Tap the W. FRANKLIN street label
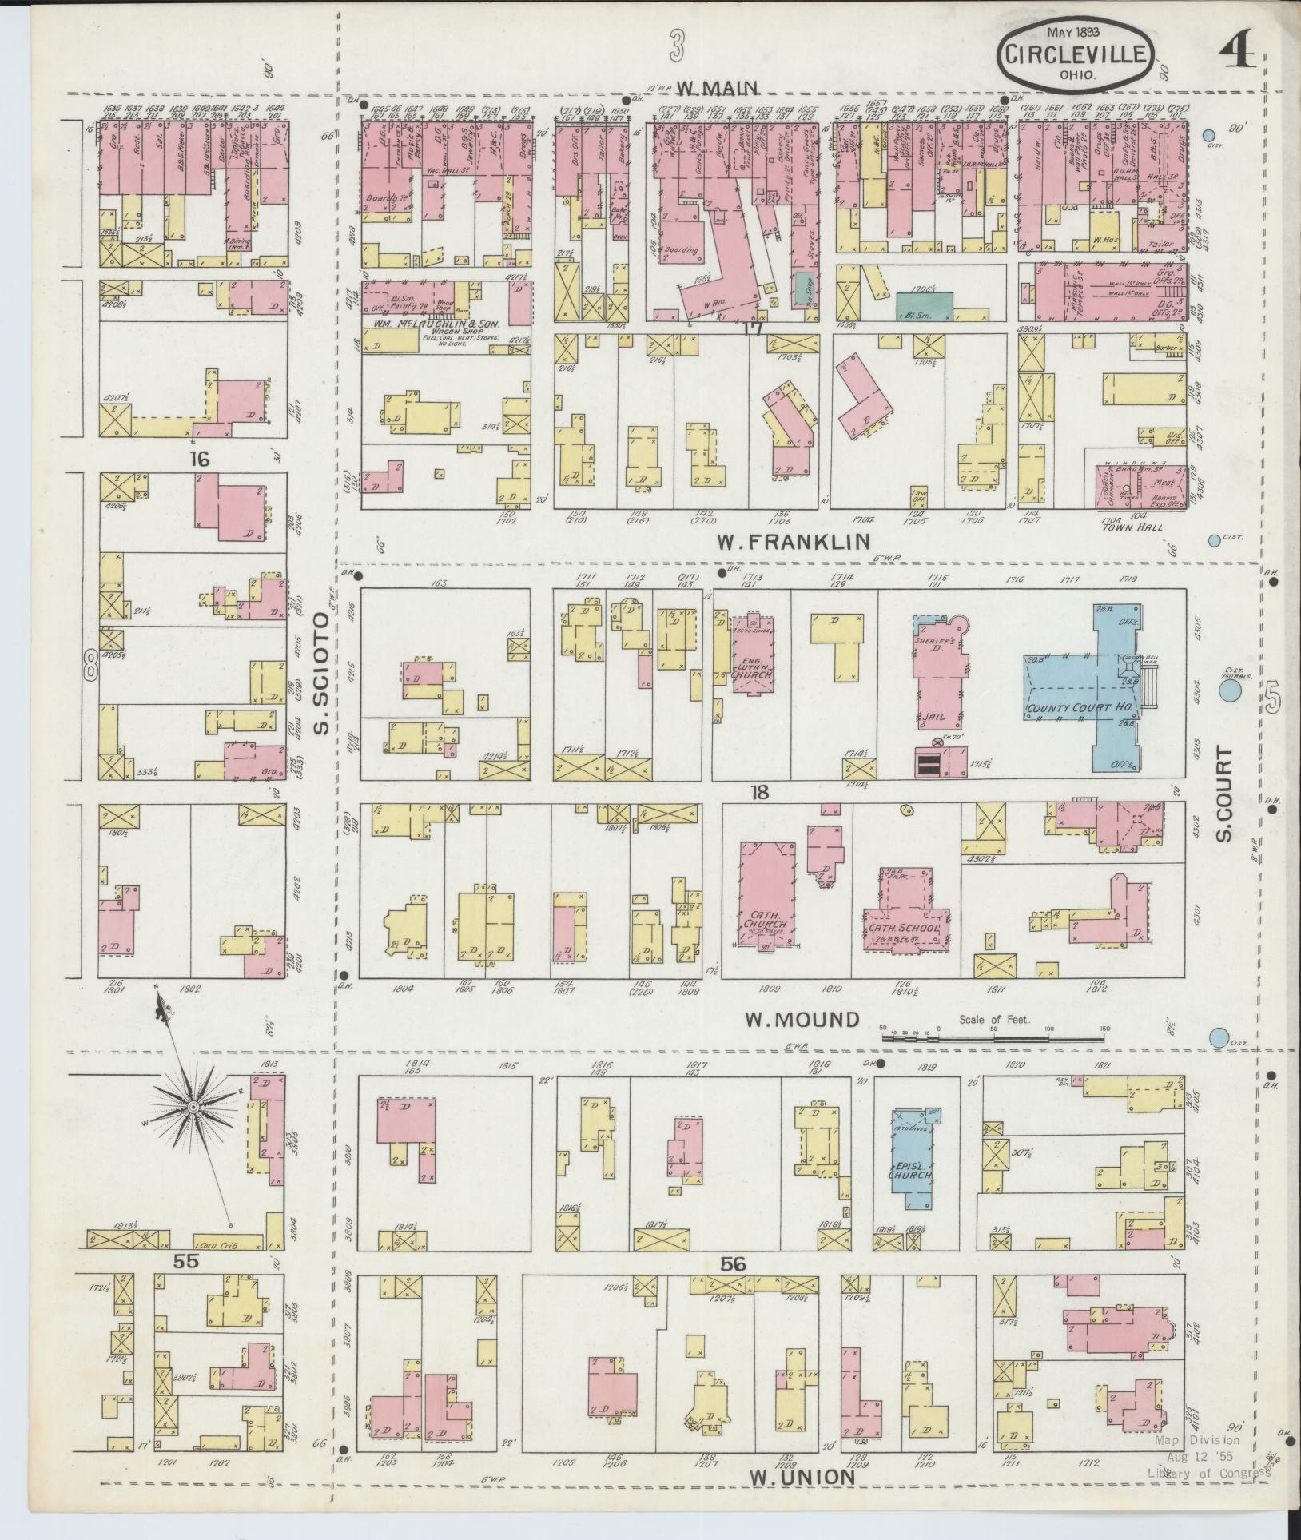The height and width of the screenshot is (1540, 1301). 793,543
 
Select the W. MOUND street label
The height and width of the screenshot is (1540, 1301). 802,1020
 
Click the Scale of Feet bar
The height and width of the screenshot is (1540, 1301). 994,1037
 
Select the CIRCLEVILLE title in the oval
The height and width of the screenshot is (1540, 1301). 1076,55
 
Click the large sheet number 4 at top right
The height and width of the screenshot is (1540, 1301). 1238,51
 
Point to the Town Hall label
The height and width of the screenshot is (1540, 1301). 1125,527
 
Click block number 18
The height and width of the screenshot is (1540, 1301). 758,792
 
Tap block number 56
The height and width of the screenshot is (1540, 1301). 732,1287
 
